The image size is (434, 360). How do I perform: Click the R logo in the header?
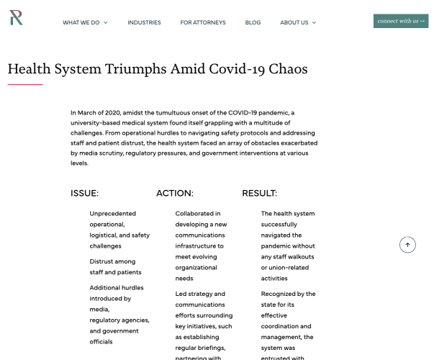click(16, 18)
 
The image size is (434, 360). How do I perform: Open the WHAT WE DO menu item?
click(81, 22)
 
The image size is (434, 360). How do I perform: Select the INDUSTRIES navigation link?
click(144, 22)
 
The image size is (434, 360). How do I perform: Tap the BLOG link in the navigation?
click(253, 22)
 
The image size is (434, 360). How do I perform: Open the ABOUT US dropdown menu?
click(294, 22)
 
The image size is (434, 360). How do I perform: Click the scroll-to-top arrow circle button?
click(407, 245)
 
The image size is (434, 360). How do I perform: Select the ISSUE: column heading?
click(84, 193)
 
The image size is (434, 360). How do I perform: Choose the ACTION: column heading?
click(175, 193)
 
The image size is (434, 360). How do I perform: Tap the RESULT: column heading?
click(259, 193)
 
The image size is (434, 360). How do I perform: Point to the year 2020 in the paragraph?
click(110, 112)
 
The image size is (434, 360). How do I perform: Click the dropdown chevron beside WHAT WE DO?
click(105, 22)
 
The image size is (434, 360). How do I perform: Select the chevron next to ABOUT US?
click(314, 22)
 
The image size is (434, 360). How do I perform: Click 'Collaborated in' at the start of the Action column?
click(198, 213)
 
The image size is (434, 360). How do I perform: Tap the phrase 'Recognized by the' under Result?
click(288, 294)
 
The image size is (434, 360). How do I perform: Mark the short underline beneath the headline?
click(25, 84)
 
